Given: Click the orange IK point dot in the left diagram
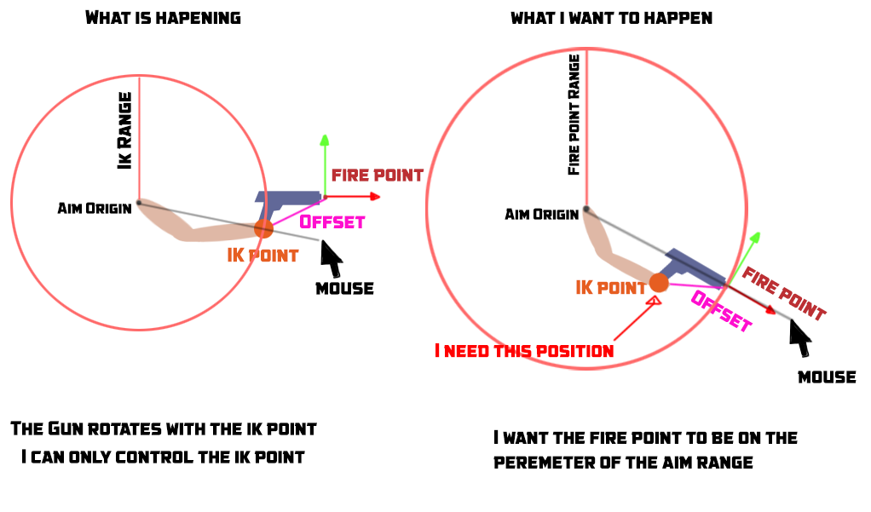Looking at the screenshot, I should (x=263, y=228).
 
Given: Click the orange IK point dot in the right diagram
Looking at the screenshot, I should (x=659, y=282).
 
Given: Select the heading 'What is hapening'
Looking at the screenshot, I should (x=163, y=17).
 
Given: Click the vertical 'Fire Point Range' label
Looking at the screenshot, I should (x=574, y=115).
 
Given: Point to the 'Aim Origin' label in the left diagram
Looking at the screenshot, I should (x=94, y=208).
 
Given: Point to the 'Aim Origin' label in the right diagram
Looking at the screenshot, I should (x=541, y=213).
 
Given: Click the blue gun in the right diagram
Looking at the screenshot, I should (x=695, y=267).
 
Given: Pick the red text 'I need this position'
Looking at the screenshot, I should (x=524, y=350).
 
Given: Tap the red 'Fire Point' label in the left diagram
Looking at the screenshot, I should (x=377, y=175).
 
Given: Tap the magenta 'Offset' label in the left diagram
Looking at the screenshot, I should (x=332, y=221).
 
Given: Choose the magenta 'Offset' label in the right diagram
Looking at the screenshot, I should (x=721, y=311).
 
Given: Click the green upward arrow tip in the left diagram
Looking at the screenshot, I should (x=324, y=137).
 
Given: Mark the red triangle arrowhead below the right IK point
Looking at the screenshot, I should (x=655, y=299).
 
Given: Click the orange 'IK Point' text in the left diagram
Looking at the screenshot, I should (x=262, y=255).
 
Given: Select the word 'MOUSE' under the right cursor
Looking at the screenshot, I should (x=827, y=377).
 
